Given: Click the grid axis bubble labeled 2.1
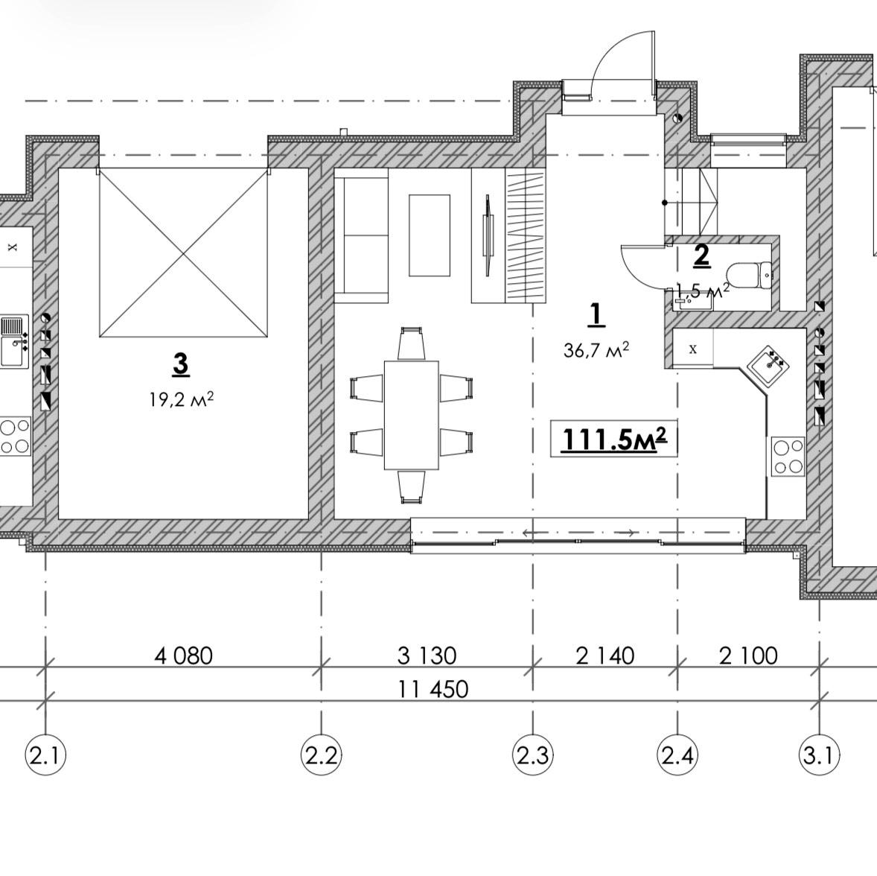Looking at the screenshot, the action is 46,755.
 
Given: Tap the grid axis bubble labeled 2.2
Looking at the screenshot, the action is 321,755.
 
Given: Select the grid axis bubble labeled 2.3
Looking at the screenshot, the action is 533,755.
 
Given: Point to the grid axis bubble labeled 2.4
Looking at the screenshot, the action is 678,755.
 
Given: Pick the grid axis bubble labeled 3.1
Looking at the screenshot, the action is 820,755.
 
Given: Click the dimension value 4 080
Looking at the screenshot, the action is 183,656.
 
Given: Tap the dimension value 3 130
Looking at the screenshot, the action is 427,656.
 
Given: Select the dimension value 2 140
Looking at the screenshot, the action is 605,656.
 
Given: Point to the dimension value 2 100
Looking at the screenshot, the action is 748,656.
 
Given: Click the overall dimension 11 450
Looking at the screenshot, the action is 433,689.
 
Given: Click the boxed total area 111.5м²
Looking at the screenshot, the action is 614,438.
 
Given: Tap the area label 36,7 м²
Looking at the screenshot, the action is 596,350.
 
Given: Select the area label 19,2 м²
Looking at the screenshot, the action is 181,400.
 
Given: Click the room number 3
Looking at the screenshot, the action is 181,364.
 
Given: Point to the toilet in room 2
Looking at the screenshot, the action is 750,275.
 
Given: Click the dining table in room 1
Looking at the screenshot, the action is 411,415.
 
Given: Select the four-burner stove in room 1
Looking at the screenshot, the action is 788,456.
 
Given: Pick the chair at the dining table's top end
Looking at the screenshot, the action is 411,344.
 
